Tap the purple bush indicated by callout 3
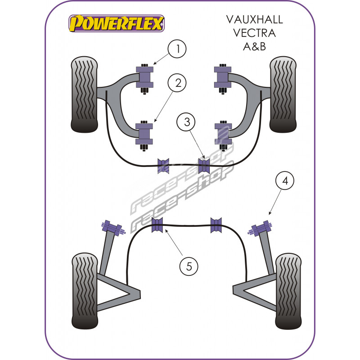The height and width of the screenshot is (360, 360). click(204, 166)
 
